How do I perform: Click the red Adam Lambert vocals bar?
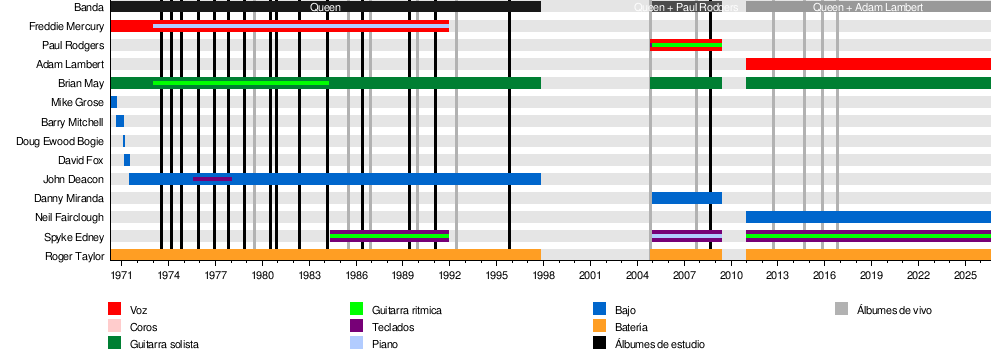point(868,64)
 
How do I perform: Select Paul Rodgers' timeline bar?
point(686,45)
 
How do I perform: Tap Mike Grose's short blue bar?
point(114,102)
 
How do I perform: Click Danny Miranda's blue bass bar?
point(687,198)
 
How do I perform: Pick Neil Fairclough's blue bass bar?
point(868,217)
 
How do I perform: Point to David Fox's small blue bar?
point(127,160)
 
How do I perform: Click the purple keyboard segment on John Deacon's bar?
point(212,179)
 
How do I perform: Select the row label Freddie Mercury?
point(66,26)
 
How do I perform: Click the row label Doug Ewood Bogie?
point(60,141)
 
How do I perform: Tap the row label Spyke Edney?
point(73,237)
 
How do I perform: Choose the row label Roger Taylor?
point(74,256)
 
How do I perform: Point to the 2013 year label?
point(777,275)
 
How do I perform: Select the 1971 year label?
point(121,275)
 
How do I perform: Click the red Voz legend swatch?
point(114,310)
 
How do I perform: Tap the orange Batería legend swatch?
point(599,326)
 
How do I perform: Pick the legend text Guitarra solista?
point(164,344)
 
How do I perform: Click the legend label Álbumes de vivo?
point(894,310)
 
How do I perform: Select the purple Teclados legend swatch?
point(357,326)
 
